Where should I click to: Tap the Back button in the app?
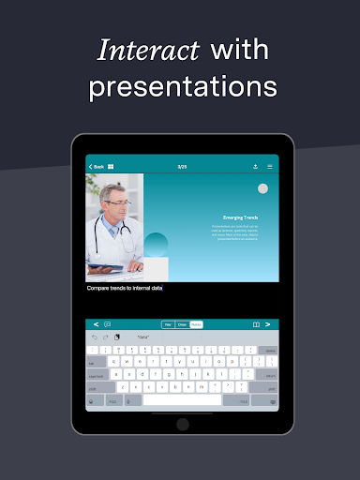click(x=96, y=167)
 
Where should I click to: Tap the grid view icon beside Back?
click(x=111, y=167)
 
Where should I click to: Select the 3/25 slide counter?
click(x=182, y=167)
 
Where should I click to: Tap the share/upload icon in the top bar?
click(x=255, y=167)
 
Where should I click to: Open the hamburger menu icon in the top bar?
click(x=270, y=167)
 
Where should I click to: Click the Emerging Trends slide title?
click(x=241, y=217)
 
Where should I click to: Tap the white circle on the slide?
click(x=263, y=188)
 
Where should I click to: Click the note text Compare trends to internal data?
click(x=125, y=288)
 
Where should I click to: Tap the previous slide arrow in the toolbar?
click(x=96, y=324)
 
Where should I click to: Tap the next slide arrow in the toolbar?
click(x=268, y=324)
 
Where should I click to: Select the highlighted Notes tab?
click(x=196, y=324)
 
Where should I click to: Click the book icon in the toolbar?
click(x=255, y=324)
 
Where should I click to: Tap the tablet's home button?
click(x=182, y=424)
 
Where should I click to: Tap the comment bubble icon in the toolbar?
click(x=108, y=324)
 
